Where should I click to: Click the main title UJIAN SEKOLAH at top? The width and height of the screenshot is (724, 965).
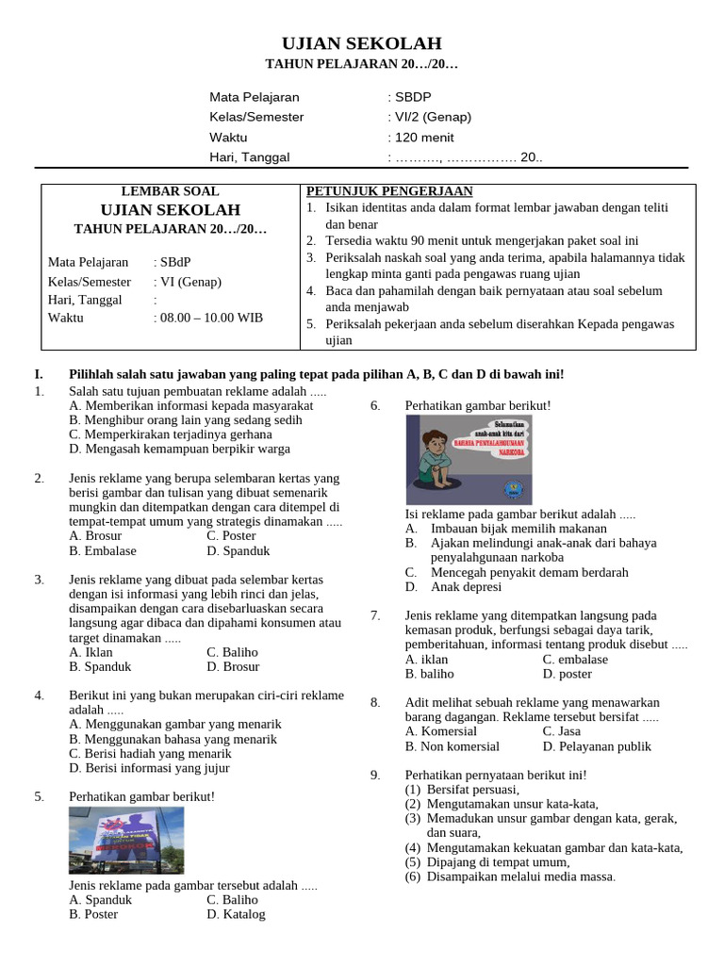(362, 43)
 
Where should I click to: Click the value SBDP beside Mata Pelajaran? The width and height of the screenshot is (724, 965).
(414, 97)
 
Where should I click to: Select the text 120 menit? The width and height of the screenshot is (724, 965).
(424, 137)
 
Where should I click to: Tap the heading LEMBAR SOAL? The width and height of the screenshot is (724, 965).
(170, 191)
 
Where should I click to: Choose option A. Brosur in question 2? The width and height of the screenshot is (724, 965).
(95, 536)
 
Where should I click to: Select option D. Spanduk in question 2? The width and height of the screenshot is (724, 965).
(239, 550)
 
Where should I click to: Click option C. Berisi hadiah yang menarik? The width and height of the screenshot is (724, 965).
(150, 754)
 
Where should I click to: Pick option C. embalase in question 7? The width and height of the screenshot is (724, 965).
(576, 660)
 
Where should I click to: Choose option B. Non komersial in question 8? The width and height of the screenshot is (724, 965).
(452, 746)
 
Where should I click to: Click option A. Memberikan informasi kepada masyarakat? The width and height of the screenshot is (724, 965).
(191, 405)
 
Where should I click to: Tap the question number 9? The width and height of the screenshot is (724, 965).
(375, 775)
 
